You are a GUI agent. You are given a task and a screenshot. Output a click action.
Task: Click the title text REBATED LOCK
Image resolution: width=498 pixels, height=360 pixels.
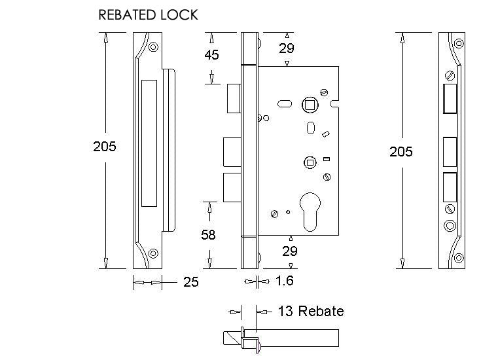point(147,14)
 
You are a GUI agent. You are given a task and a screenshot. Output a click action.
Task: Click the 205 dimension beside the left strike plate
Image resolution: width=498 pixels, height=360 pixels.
point(105,146)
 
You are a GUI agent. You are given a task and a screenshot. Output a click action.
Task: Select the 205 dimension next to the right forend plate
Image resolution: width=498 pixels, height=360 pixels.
point(401,151)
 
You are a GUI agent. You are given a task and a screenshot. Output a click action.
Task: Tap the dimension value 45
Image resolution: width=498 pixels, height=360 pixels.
point(211,55)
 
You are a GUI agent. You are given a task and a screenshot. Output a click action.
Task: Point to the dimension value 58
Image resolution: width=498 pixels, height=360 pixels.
point(209,234)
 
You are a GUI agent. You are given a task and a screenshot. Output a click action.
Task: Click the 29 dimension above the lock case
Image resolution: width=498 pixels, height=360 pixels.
point(287,48)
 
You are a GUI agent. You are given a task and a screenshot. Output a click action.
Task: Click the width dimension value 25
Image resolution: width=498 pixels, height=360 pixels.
point(190,282)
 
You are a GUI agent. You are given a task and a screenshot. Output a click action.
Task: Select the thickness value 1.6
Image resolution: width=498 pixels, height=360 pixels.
point(283,281)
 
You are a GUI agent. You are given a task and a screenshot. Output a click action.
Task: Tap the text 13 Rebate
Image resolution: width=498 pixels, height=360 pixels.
point(310,311)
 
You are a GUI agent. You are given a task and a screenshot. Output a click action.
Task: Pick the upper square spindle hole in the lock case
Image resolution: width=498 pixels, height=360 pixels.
point(309,105)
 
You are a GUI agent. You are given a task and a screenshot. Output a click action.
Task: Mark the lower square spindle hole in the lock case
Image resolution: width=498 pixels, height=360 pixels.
point(308,162)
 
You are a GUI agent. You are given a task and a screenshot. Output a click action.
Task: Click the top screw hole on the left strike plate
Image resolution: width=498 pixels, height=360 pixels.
point(153,47)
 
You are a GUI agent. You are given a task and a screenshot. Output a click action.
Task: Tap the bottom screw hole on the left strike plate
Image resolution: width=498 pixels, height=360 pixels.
point(153,253)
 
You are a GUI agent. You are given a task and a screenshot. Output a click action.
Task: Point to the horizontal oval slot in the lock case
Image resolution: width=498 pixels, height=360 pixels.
point(285,103)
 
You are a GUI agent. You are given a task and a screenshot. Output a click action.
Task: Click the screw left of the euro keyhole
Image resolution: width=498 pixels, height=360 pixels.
point(276,213)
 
